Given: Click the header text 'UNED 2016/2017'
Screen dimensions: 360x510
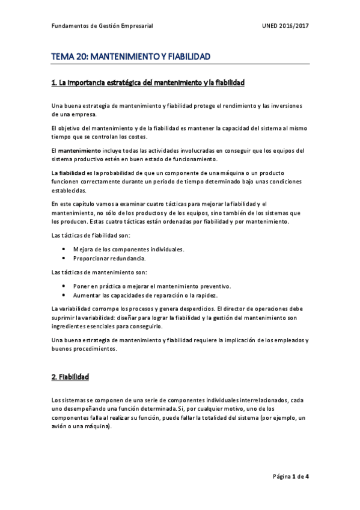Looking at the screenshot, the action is (x=285, y=26).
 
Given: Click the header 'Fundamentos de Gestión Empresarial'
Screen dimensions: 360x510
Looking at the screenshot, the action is (x=102, y=26).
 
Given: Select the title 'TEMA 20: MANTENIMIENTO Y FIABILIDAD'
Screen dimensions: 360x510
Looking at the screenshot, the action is (x=130, y=57).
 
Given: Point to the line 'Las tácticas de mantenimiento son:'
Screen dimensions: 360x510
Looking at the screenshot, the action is (x=95, y=272).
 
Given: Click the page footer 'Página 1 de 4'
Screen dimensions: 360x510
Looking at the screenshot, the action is (x=291, y=476).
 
